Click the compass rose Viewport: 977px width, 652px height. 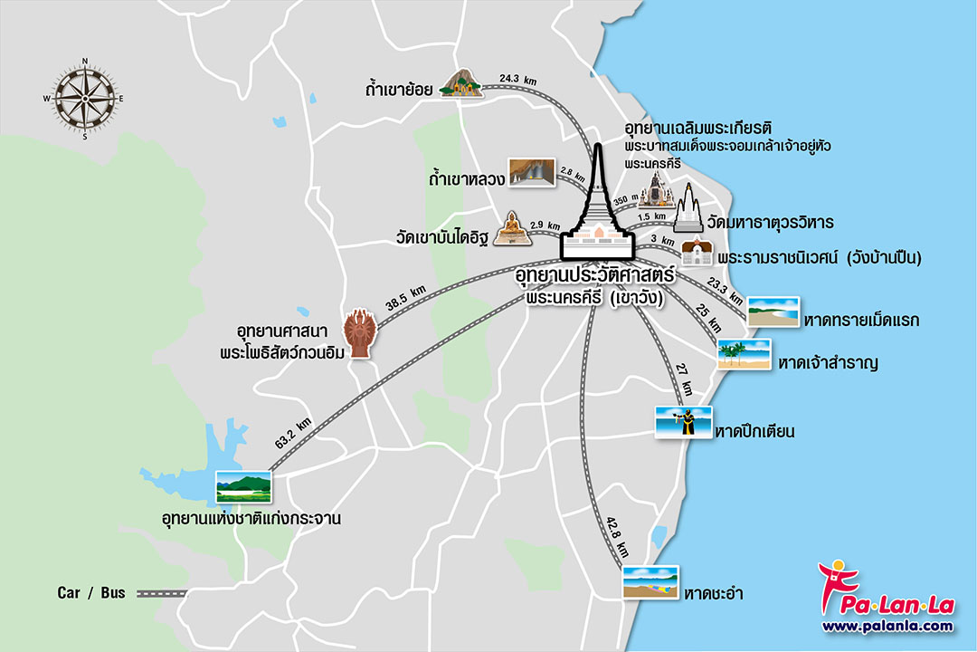tap(85, 99)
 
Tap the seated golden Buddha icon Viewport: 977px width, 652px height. tap(513, 228)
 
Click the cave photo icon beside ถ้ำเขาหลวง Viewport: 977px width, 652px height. tap(531, 173)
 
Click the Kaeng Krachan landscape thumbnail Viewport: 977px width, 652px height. tap(243, 487)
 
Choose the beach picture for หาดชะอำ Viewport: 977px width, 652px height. tap(650, 581)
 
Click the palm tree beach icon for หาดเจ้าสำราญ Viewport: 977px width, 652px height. tap(744, 354)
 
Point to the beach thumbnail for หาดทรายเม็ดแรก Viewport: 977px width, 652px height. tap(773, 312)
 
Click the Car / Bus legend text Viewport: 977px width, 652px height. tap(90, 593)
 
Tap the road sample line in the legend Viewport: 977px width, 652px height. tap(161, 594)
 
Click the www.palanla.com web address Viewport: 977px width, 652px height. tap(887, 626)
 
